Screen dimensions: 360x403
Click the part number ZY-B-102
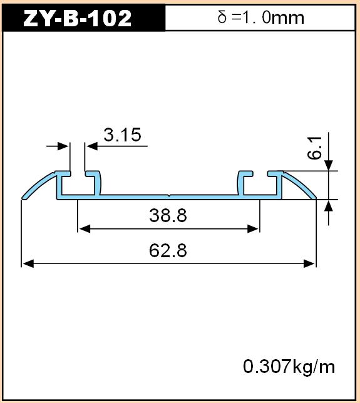coord(78,18)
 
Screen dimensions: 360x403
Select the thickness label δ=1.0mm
coord(260,18)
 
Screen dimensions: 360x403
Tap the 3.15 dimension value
coord(123,135)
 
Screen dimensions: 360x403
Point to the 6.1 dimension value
coord(314,148)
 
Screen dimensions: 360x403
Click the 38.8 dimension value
coord(168,215)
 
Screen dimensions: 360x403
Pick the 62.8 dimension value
coord(168,250)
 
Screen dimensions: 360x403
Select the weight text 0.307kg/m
coord(289,367)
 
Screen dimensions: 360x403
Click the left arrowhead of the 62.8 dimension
coord(28,263)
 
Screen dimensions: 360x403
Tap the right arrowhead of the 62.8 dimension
coord(309,263)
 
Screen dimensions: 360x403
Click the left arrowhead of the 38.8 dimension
coord(85,229)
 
